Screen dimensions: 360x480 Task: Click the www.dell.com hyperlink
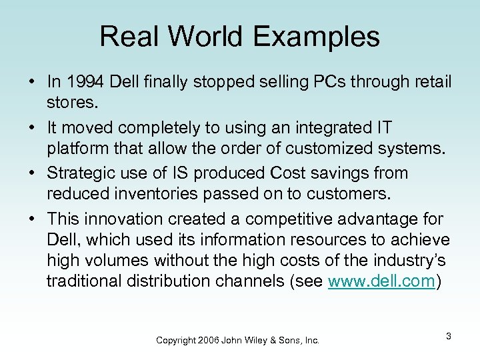(x=382, y=281)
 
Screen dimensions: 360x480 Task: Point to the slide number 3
(x=449, y=336)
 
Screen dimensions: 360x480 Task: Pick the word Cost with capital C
(x=285, y=173)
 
